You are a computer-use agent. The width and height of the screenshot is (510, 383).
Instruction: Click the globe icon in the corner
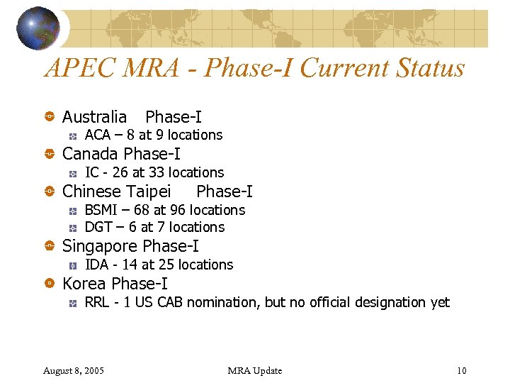[x=38, y=28]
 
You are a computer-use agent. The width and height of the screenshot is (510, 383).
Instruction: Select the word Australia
[x=94, y=116]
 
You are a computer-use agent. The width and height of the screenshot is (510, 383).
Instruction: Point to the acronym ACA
[x=98, y=135]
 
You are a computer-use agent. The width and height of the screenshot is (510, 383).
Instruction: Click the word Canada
[x=91, y=154]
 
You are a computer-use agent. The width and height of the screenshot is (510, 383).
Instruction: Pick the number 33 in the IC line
[x=157, y=172]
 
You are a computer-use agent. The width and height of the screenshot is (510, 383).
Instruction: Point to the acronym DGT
[x=98, y=227]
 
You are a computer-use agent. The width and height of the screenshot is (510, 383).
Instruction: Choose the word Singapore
[x=100, y=246]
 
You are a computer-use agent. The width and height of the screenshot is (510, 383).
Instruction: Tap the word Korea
[x=85, y=284]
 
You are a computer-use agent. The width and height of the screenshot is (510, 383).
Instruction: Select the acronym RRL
[x=97, y=302]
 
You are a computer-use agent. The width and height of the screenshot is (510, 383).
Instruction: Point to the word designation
[x=383, y=302]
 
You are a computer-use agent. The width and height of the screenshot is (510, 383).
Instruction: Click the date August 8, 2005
[x=74, y=370]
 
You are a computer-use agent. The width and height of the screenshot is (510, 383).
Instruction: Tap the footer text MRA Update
[x=255, y=370]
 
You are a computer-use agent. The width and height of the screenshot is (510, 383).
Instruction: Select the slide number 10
[x=462, y=370]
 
